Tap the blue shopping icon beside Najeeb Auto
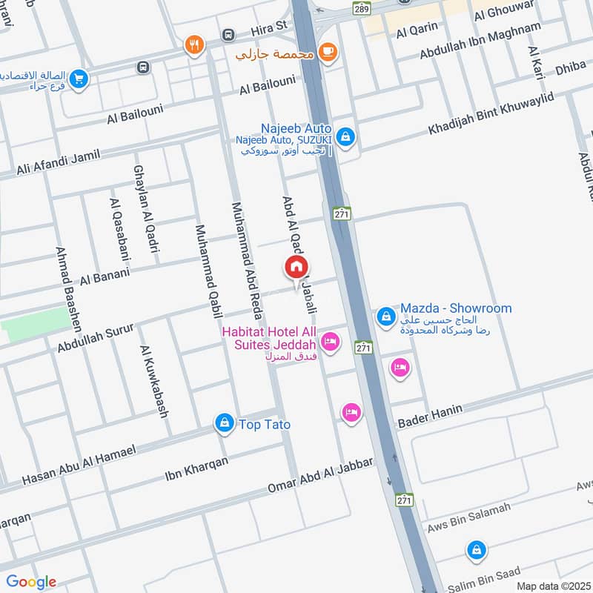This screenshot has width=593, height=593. pos(345,137)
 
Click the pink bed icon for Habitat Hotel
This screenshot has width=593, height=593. pos(331,342)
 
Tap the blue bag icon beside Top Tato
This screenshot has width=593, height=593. pos(223,423)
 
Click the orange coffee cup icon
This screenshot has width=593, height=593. pos(327,52)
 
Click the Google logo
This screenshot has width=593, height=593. pos(31,582)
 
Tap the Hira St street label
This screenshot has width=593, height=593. pos(268,30)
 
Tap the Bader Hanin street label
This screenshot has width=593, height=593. pos(430,417)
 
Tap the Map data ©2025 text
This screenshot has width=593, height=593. pos(551,586)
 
